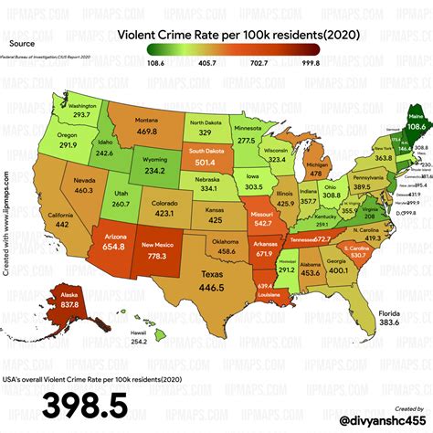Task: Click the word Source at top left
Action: tap(22, 42)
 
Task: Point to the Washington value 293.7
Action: tap(58, 115)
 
